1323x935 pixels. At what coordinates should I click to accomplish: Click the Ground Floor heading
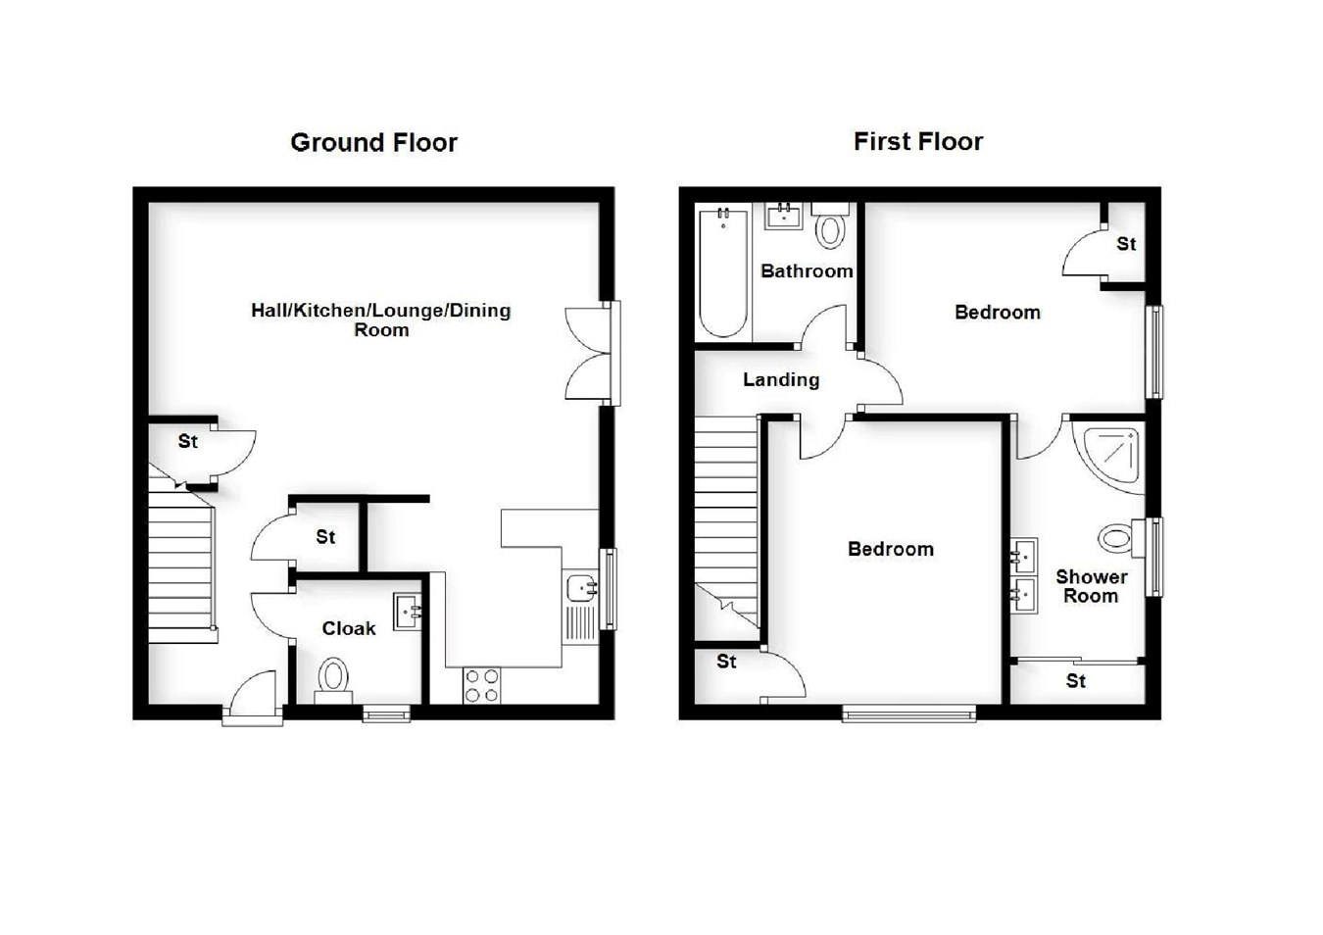(373, 143)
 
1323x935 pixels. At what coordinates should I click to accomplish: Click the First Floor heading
(917, 142)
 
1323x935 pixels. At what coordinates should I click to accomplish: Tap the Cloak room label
(349, 628)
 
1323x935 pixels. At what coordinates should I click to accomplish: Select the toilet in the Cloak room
(333, 678)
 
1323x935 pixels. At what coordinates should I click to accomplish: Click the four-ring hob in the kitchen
(481, 685)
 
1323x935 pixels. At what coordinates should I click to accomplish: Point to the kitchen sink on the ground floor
(582, 588)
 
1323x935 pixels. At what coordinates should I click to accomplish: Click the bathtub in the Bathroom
(723, 272)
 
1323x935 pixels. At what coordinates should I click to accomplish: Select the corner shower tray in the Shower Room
(1113, 455)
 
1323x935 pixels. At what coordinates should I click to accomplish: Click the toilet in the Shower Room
(1118, 538)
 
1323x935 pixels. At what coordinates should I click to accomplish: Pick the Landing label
(780, 379)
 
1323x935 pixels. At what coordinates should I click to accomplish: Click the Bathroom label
(807, 271)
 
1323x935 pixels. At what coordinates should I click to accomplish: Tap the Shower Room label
(1091, 586)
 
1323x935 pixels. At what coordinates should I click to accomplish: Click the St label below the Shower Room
(1075, 681)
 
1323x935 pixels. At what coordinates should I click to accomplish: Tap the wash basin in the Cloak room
(408, 610)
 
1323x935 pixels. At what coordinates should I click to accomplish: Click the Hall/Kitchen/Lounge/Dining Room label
(380, 320)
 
